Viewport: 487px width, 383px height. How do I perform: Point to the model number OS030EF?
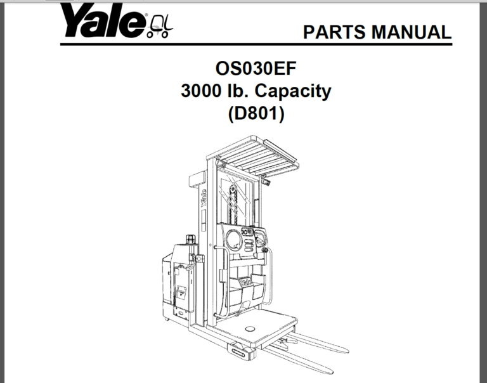(256, 68)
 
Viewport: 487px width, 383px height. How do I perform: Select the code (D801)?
(256, 115)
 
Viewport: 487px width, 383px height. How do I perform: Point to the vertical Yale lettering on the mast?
(204, 197)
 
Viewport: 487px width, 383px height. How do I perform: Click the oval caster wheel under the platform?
(240, 351)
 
